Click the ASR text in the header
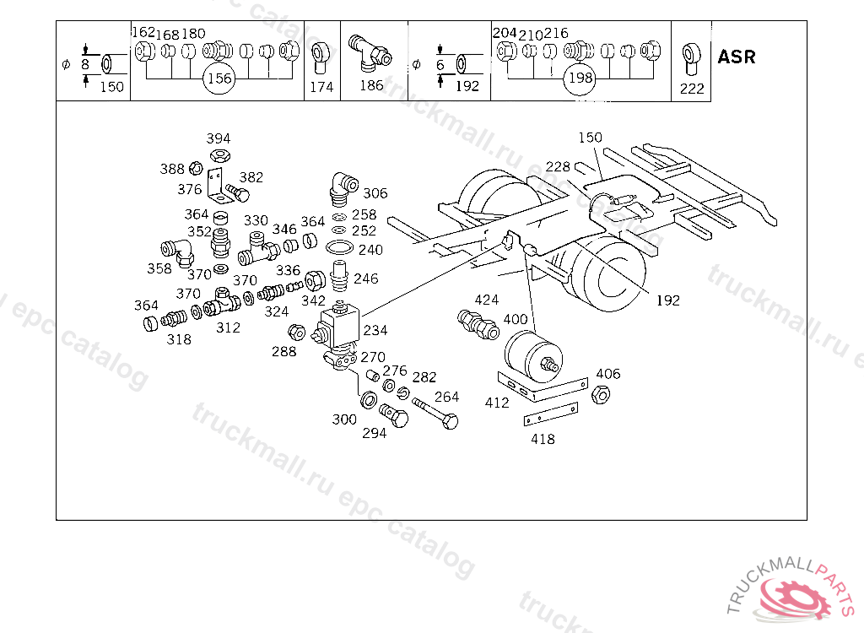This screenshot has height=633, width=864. pyautogui.click(x=736, y=57)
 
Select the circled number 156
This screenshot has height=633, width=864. pyautogui.click(x=219, y=78)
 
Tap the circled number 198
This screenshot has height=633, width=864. pyautogui.click(x=580, y=78)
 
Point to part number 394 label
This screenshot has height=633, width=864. pyautogui.click(x=219, y=138)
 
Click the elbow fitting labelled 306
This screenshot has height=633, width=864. pyautogui.click(x=343, y=188)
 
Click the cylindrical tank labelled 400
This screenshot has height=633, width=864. pyautogui.click(x=533, y=355)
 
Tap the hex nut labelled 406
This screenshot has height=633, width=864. pyautogui.click(x=601, y=394)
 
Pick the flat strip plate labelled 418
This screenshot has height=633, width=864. pyautogui.click(x=550, y=414)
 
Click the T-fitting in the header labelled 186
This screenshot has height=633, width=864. pyautogui.click(x=370, y=53)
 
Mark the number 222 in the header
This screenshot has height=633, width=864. pyautogui.click(x=692, y=89)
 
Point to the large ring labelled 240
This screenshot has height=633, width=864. pyautogui.click(x=339, y=249)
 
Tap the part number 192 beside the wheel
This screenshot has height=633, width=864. pyautogui.click(x=668, y=300)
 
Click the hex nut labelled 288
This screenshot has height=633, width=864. pyautogui.click(x=296, y=333)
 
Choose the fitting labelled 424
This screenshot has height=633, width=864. pyautogui.click(x=478, y=324)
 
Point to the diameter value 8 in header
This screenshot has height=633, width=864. pyautogui.click(x=85, y=64)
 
